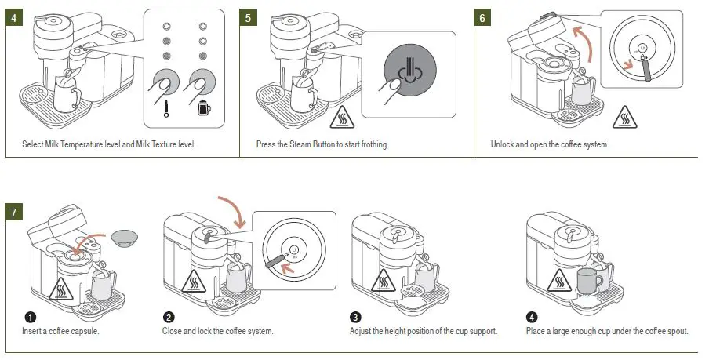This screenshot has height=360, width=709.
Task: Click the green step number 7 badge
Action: (x=13, y=212)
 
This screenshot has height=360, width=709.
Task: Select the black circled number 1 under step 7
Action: (x=29, y=317)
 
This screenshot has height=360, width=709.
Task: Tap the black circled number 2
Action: (x=168, y=317)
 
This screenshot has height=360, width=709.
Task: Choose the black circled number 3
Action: (x=355, y=317)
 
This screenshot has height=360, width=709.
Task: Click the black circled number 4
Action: (x=533, y=317)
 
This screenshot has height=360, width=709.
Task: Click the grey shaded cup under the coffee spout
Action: (x=588, y=280)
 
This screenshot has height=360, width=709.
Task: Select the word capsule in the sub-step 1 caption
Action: (x=84, y=331)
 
